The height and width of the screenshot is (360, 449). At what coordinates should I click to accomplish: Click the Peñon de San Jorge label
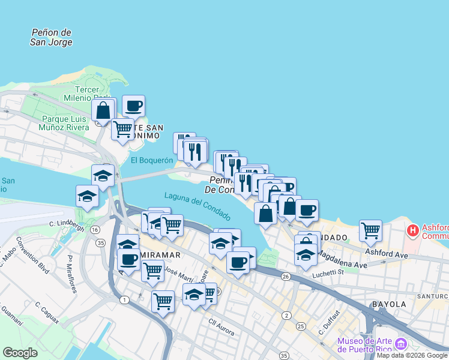click(x=52, y=37)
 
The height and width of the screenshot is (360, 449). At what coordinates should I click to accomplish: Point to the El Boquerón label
click(x=152, y=160)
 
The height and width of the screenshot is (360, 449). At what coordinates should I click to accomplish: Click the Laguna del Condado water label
click(x=197, y=206)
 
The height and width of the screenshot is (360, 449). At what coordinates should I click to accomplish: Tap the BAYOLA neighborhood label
click(x=389, y=304)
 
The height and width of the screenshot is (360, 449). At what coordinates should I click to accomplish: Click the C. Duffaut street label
click(x=330, y=321)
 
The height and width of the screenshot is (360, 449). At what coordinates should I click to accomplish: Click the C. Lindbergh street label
click(x=66, y=224)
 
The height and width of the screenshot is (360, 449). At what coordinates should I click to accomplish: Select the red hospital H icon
click(x=413, y=230)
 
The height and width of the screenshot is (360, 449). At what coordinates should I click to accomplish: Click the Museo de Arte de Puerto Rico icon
click(x=401, y=345)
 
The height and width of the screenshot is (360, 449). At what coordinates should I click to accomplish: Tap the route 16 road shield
click(x=95, y=230)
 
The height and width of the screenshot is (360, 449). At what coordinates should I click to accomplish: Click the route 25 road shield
click(x=301, y=326)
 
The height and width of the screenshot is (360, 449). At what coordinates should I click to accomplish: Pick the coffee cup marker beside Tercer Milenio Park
click(x=133, y=106)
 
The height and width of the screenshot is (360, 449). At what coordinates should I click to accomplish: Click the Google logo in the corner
click(x=20, y=353)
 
